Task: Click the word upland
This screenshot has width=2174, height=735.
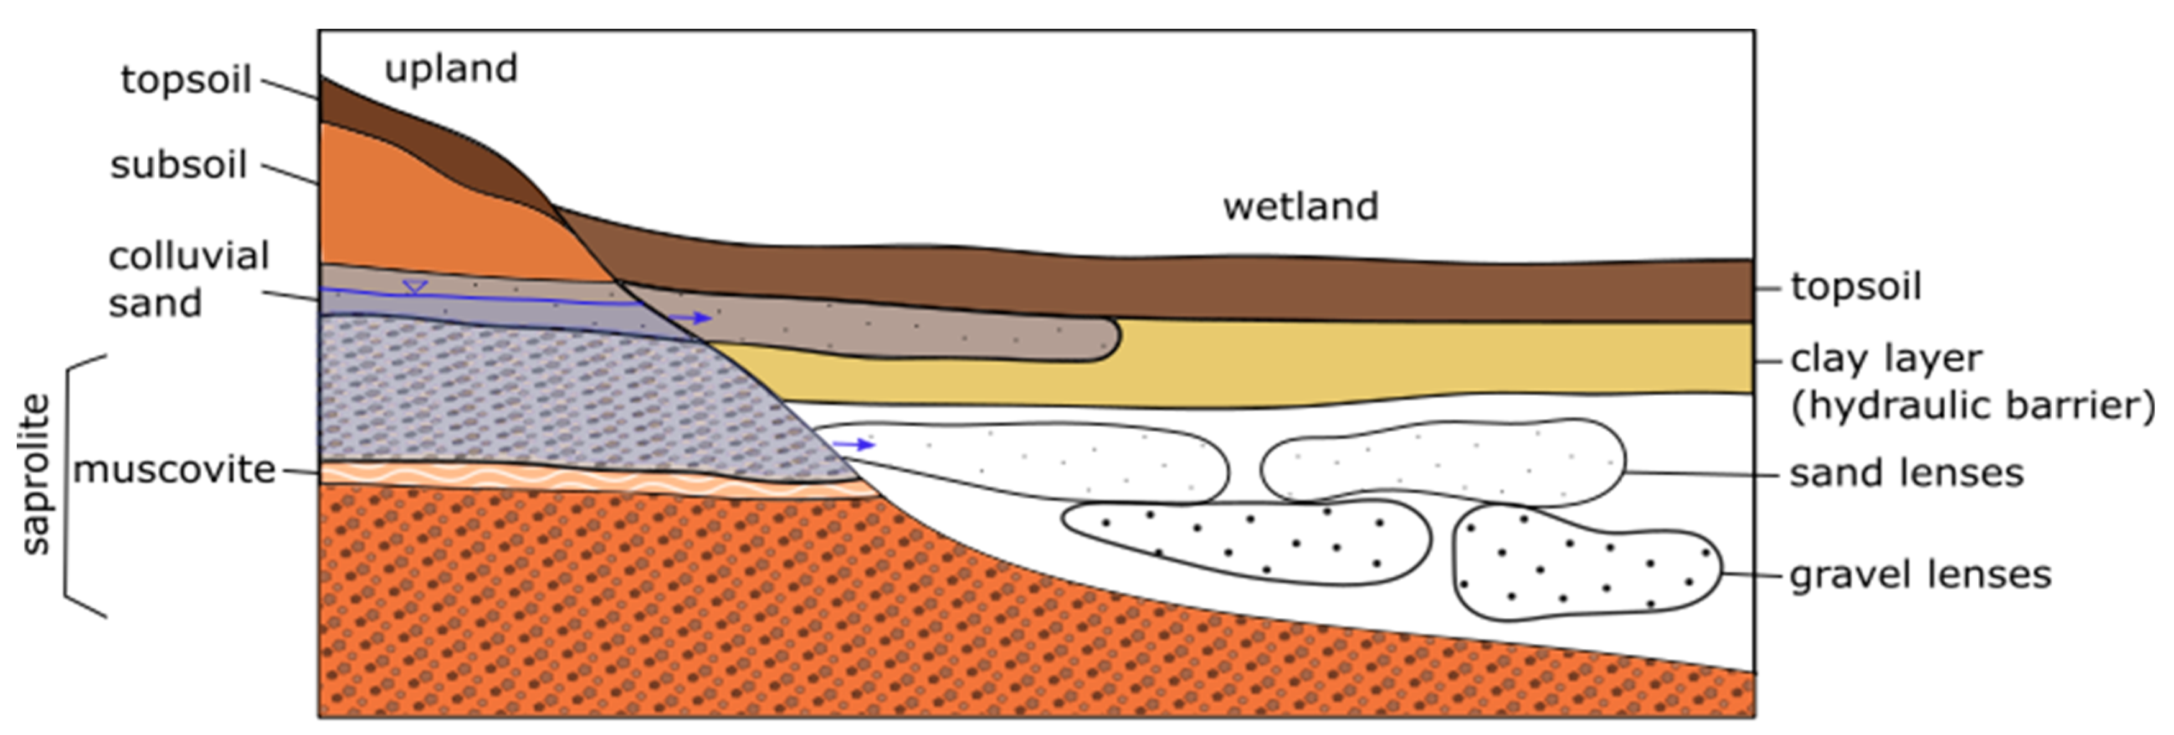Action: pos(451,69)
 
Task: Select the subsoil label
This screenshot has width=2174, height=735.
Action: pos(178,165)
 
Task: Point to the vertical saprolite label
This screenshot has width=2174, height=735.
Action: pos(35,474)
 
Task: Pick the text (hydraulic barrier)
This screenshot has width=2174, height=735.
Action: pos(1972,406)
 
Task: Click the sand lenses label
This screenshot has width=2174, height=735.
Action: pos(1906,473)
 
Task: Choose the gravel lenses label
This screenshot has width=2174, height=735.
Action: pos(1920,575)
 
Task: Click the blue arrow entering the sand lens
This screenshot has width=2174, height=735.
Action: pos(854,444)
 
